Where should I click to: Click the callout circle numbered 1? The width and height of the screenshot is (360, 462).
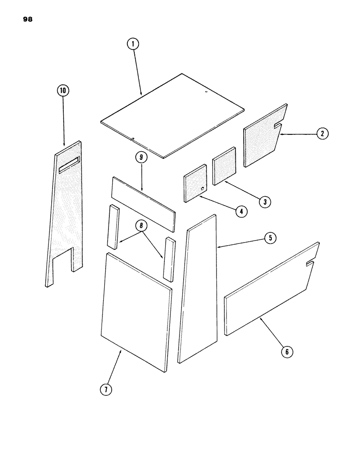[132, 44]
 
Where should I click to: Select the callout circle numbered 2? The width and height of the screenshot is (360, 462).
[322, 134]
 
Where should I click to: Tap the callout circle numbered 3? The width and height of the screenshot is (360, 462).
[264, 201]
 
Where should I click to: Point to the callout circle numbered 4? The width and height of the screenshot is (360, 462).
[240, 212]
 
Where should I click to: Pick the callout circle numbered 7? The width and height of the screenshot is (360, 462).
[107, 389]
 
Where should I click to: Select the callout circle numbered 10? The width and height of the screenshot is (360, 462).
[62, 91]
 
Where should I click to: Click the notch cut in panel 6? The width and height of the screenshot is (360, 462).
[311, 264]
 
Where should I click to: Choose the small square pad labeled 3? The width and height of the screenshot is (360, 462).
[224, 165]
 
